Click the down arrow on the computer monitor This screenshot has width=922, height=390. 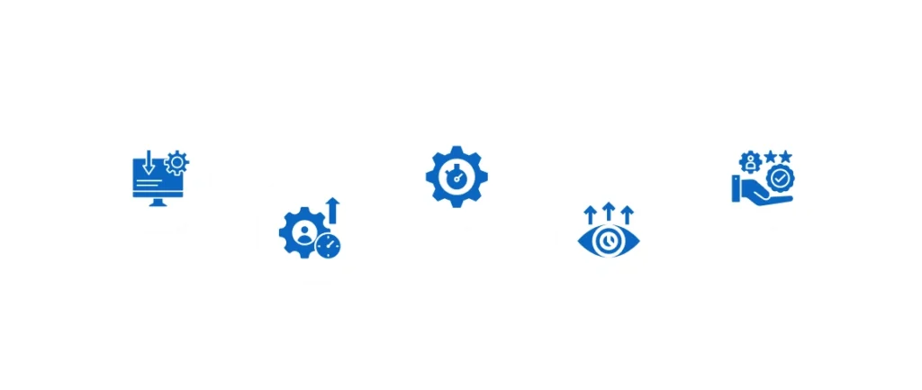(x=148, y=163)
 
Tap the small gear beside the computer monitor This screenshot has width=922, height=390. (x=177, y=162)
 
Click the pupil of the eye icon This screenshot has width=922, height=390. (x=609, y=241)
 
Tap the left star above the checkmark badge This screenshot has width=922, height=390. (x=769, y=157)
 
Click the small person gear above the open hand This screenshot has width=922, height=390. (x=748, y=163)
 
